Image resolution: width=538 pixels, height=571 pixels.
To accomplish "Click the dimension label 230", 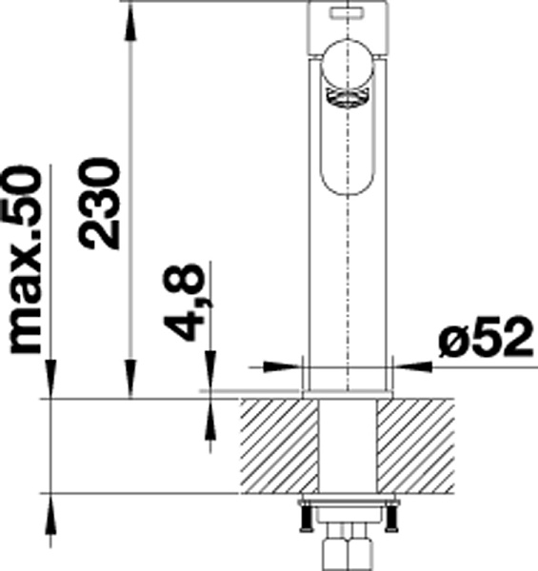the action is coord(99,204).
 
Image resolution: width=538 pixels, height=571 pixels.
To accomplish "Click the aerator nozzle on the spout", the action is coord(348,98).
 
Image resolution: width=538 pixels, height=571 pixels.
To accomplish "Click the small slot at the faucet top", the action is coord(347,13).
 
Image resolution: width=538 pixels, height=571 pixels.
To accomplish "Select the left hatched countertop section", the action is coord(278,446).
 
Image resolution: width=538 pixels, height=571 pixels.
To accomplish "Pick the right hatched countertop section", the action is coord(415,446).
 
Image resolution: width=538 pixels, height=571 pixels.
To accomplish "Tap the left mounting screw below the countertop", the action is coord(306,518).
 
